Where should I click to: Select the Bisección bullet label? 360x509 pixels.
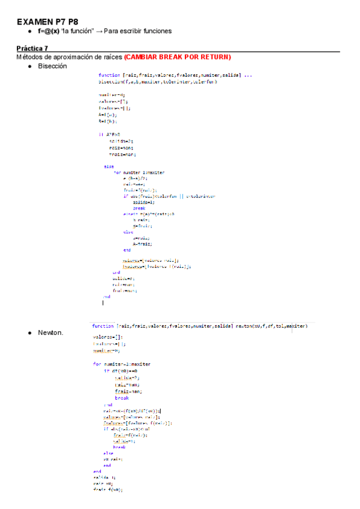pos(52,66)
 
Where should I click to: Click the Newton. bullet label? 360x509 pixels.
pos(50,332)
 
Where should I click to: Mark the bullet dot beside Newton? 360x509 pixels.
pos(29,332)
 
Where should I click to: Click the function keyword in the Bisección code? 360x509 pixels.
pos(109,75)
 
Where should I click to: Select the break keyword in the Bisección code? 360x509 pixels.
pos(139,208)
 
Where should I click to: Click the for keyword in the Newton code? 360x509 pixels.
pos(97,364)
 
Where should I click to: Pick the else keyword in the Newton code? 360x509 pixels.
pos(108,453)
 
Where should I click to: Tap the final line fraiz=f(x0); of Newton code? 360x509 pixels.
pos(108,490)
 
